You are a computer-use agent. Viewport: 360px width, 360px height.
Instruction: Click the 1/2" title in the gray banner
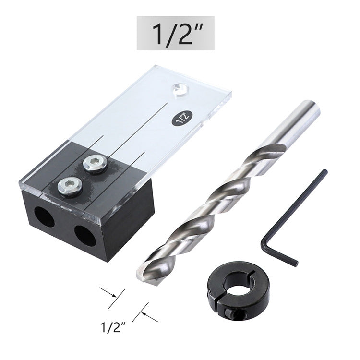click(x=175, y=33)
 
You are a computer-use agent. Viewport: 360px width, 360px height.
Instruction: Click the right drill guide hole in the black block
click(x=85, y=235)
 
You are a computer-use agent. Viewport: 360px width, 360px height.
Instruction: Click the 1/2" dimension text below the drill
click(x=113, y=328)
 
